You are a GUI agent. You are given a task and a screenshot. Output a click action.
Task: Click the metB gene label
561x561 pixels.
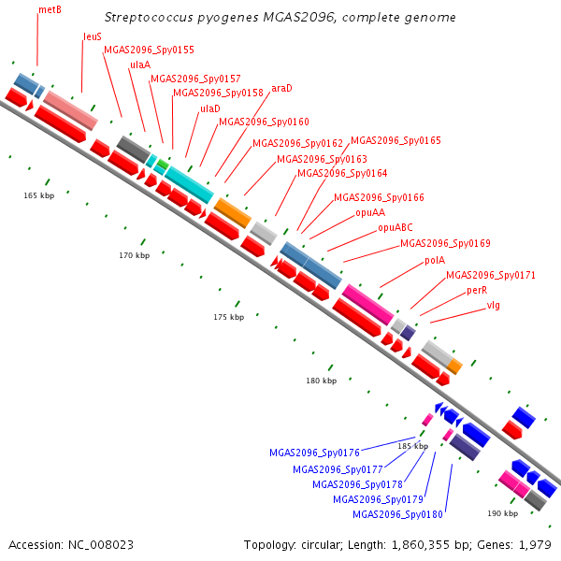[50, 9]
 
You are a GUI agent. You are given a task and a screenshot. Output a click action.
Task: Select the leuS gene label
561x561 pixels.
[93, 36]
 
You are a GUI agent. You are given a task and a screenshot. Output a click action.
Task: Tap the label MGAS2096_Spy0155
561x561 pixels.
[149, 50]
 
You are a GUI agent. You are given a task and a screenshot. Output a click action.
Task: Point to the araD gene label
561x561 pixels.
[281, 88]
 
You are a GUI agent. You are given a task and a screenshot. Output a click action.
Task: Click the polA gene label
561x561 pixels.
[435, 260]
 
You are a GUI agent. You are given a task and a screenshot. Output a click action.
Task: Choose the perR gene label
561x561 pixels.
[477, 290]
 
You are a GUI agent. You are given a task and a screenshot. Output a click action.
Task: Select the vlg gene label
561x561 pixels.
[493, 305]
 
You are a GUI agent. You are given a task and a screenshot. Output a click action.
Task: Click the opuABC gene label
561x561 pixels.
[395, 227]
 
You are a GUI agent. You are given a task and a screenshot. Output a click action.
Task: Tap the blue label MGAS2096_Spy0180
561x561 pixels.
[397, 514]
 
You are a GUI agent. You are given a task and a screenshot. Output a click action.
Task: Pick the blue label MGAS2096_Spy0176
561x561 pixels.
[314, 453]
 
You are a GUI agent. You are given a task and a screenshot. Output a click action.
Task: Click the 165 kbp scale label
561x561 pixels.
[39, 195]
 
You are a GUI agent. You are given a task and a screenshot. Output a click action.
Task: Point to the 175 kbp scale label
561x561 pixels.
[229, 317]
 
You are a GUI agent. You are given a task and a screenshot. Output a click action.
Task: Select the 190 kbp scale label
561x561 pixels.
[502, 513]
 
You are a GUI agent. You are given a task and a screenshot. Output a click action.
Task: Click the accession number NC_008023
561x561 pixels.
[101, 545]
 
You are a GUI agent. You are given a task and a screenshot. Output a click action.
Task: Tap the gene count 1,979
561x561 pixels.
[535, 545]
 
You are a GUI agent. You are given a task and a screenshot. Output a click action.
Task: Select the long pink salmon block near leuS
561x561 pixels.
[70, 110]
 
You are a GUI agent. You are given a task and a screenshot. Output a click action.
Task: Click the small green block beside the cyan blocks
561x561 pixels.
[163, 165]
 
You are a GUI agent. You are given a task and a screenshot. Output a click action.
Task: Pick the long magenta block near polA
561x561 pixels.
[367, 305]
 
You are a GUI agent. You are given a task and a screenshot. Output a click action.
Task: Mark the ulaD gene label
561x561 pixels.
[210, 108]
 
